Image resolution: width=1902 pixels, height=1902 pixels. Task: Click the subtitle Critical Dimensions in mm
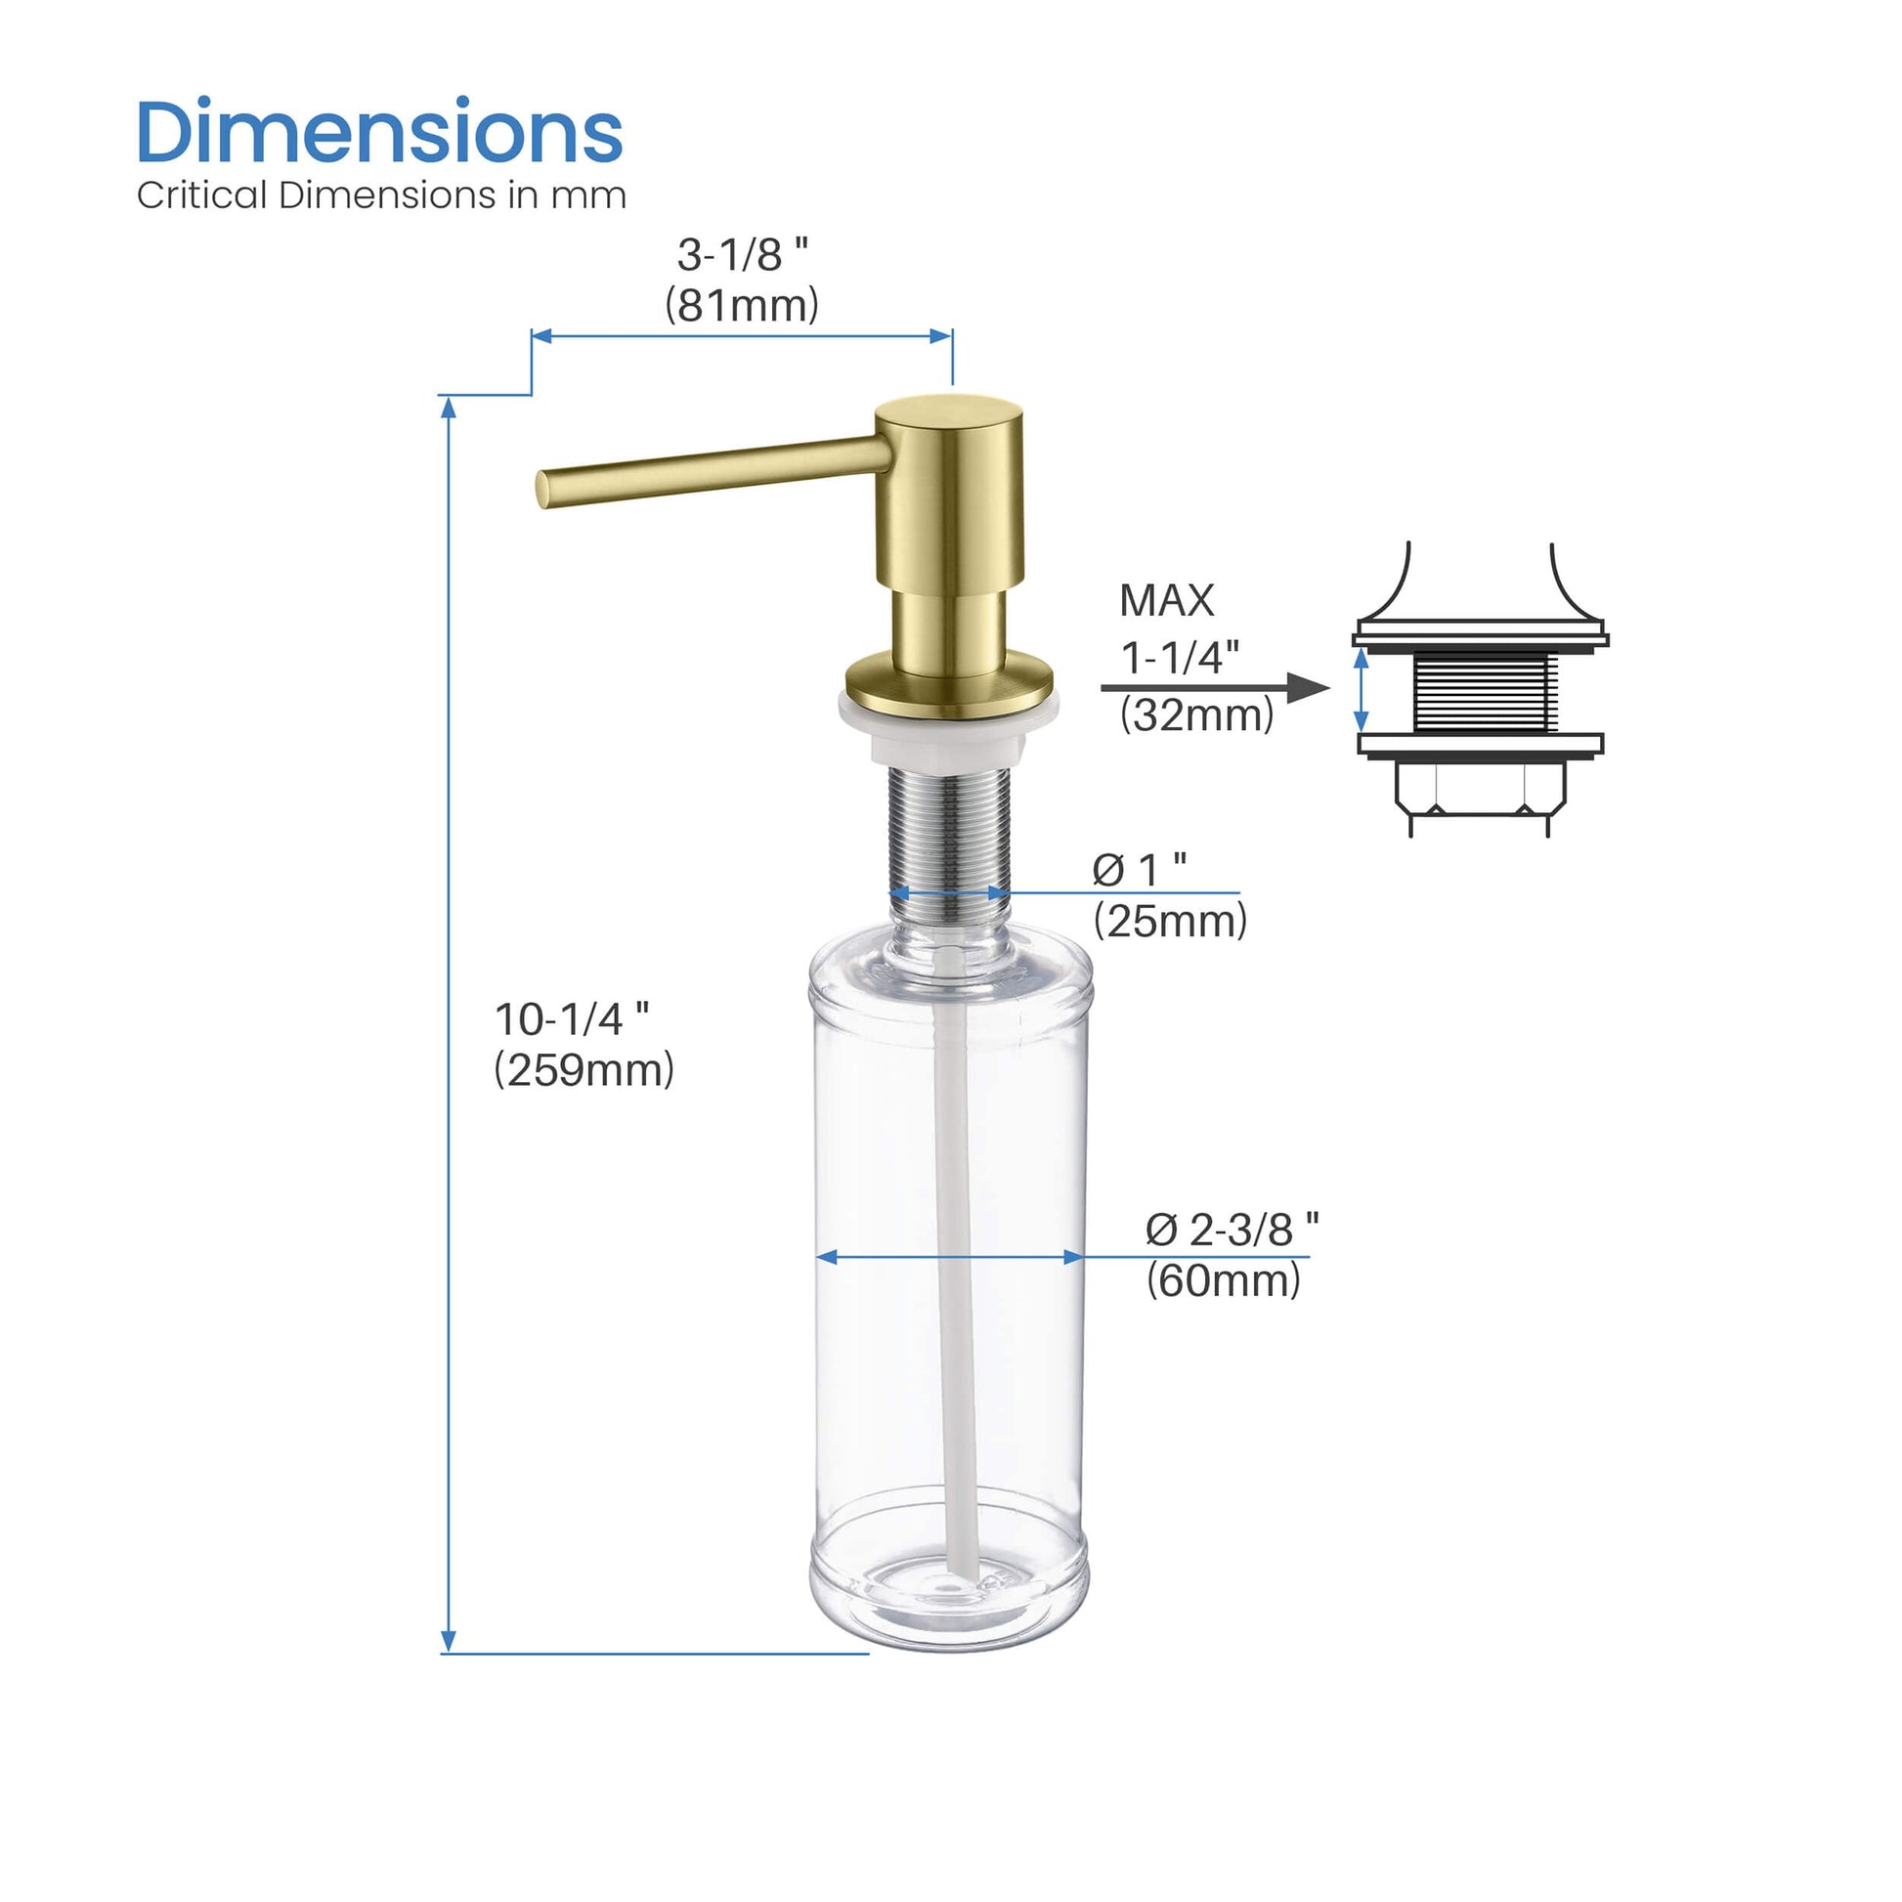coord(381,195)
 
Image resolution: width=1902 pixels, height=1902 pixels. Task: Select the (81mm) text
coord(741,305)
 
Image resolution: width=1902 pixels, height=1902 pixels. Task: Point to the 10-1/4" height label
coord(571,1018)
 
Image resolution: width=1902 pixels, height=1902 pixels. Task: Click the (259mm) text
coord(584,1070)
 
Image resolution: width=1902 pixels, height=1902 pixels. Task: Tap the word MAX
coord(1167,600)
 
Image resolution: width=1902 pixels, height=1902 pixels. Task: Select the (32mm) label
coord(1196,714)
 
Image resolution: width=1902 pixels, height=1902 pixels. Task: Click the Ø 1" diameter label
coord(1139,869)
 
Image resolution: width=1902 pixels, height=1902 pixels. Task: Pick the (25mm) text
coord(1170,922)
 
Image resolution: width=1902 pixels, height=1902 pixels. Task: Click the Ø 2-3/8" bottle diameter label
coord(1232,1230)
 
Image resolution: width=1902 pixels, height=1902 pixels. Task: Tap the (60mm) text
coord(1223,1280)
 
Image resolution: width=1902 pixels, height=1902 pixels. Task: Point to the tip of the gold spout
coord(544,490)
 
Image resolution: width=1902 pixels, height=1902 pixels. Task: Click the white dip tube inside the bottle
coord(955,1279)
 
